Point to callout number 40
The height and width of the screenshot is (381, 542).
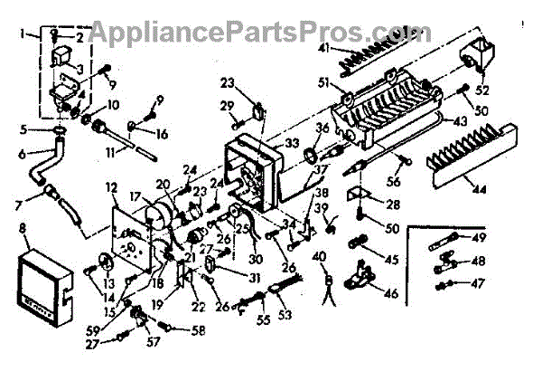tap(318, 258)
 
